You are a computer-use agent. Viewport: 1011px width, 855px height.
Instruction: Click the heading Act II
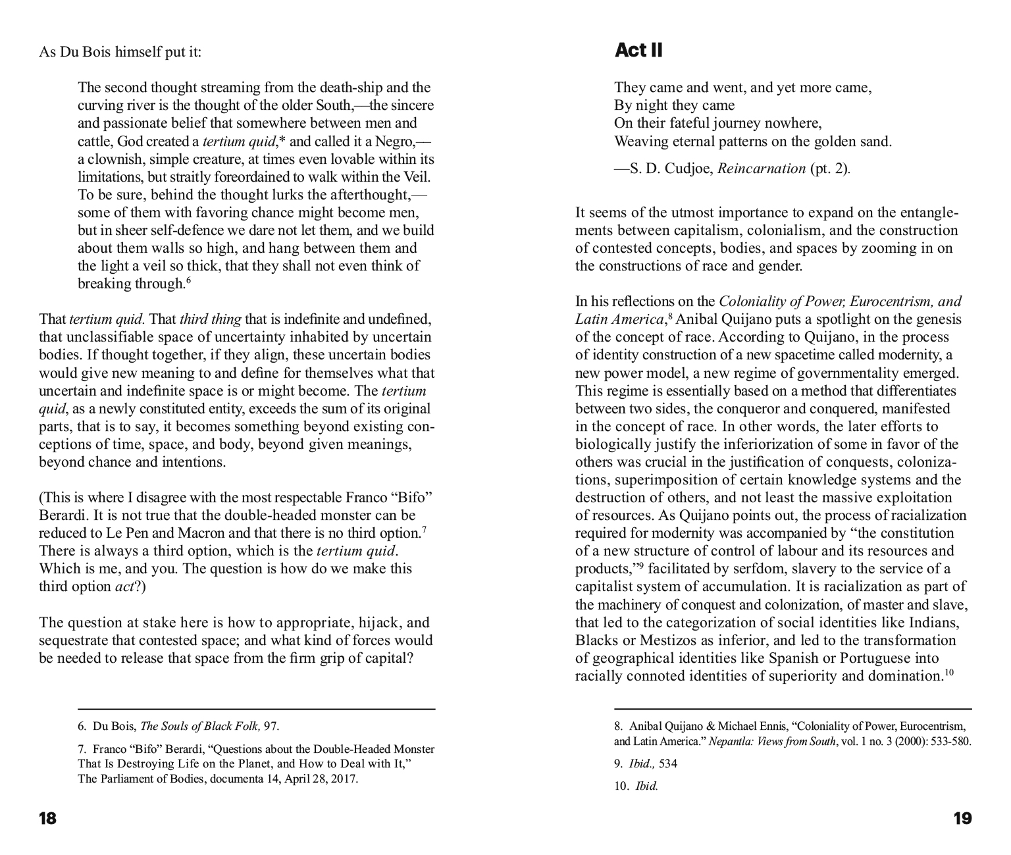pyautogui.click(x=638, y=51)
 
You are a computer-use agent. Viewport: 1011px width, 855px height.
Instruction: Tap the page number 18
pyautogui.click(x=48, y=819)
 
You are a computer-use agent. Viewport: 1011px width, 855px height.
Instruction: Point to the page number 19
pyautogui.click(x=962, y=819)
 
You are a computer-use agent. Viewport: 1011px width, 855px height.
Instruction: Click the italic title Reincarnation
pyautogui.click(x=761, y=168)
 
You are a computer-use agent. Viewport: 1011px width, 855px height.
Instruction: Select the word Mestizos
pyautogui.click(x=658, y=640)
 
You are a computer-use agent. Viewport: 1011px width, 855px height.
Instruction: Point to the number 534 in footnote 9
pyautogui.click(x=668, y=764)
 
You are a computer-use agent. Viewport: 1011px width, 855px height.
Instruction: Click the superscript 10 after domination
pyautogui.click(x=949, y=672)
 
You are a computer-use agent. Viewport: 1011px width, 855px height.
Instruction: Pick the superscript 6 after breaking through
pyautogui.click(x=188, y=280)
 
